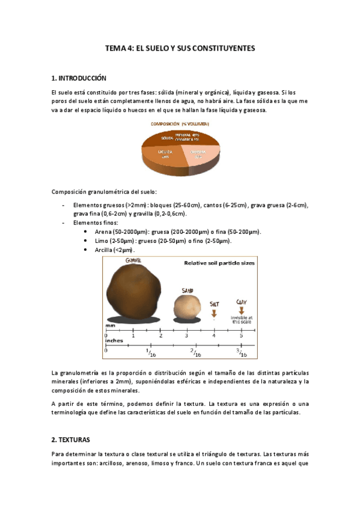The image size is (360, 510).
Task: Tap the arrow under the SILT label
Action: [x=215, y=312]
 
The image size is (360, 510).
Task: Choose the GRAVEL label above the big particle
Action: [x=133, y=260]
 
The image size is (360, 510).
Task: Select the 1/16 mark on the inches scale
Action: [x=150, y=353]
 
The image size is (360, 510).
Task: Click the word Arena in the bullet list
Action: [x=104, y=232]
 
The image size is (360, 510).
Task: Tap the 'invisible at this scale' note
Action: [x=242, y=319]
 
